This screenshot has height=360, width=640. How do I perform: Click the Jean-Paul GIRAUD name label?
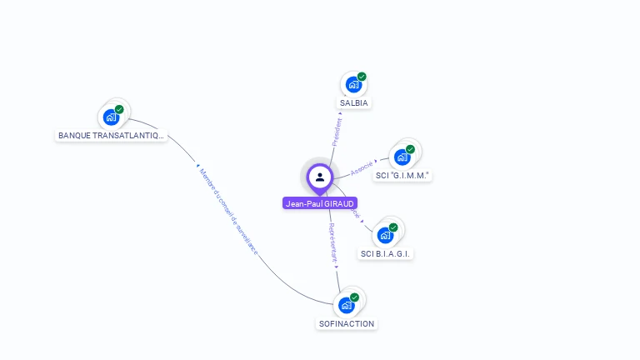(x=320, y=203)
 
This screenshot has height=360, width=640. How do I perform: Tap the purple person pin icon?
(x=320, y=177)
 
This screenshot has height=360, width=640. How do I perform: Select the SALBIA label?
(x=354, y=103)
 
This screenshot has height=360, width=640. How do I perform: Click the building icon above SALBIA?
(x=353, y=85)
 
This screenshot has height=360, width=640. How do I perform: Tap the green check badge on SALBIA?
(x=362, y=77)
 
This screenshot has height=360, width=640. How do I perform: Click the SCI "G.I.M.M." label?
(x=402, y=176)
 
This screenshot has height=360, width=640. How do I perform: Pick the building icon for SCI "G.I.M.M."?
(x=402, y=157)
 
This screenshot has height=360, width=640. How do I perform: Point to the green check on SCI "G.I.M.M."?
(x=410, y=149)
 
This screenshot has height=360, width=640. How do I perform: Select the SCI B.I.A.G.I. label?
(x=387, y=253)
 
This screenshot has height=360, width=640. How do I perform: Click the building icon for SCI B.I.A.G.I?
(x=385, y=235)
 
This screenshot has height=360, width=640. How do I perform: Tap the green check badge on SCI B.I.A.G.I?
(x=393, y=227)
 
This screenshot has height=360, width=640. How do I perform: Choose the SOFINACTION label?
(x=347, y=323)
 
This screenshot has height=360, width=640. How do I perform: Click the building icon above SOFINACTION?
(x=346, y=306)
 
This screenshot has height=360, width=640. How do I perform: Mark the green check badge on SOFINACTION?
(x=354, y=297)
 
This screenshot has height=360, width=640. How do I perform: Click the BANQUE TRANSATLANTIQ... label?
(x=111, y=135)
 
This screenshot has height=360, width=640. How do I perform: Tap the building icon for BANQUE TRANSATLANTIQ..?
(x=111, y=117)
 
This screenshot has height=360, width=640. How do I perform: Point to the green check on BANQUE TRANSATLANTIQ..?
(x=119, y=109)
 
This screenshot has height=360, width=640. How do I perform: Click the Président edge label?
(x=337, y=132)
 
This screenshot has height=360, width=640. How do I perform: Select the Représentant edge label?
(x=332, y=242)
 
